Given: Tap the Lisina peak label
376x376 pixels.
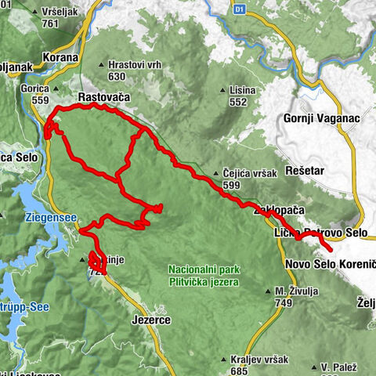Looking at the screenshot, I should pyautogui.click(x=244, y=91).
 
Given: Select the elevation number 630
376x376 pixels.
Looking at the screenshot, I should pyautogui.click(x=117, y=76).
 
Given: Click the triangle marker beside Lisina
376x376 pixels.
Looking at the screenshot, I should pyautogui.click(x=224, y=91).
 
